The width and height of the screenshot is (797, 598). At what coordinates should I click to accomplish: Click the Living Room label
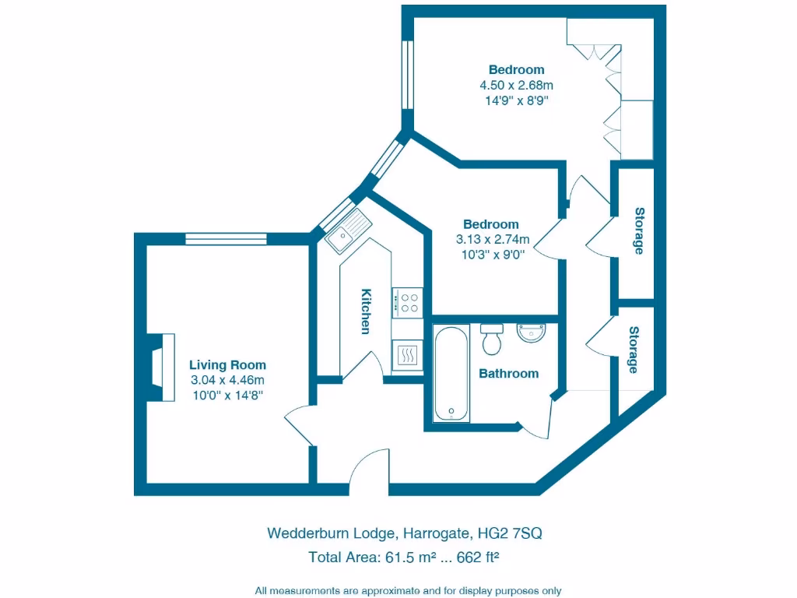tap(227, 364)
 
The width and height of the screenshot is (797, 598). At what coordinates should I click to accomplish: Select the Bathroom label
tap(508, 374)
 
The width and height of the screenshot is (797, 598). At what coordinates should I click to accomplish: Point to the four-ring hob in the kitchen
tap(407, 301)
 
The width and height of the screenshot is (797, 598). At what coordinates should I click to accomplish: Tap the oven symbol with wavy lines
tap(407, 356)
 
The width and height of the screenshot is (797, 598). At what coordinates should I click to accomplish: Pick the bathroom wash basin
tap(532, 332)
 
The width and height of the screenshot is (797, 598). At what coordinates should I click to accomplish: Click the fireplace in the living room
tap(163, 367)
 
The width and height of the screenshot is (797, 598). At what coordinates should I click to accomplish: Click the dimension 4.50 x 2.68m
tap(516, 85)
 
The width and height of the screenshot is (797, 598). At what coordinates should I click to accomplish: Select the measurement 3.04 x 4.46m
tap(227, 380)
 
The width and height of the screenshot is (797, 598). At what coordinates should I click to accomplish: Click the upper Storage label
tap(639, 231)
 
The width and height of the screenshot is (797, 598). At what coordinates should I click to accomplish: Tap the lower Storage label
tap(634, 350)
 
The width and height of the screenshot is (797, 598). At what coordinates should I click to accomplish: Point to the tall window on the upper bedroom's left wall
tap(406, 72)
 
